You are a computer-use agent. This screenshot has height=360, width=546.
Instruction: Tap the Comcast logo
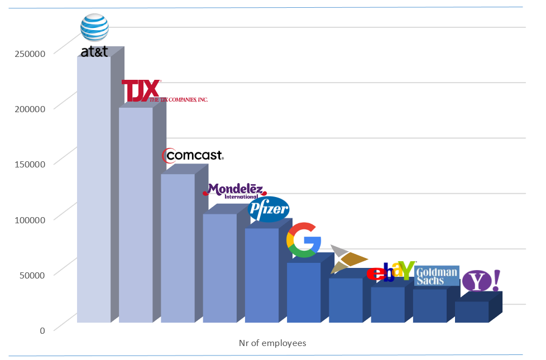tap(193, 155)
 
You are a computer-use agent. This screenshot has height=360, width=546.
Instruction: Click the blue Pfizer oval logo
tap(269, 210)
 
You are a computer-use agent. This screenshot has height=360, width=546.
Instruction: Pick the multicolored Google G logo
tap(304, 240)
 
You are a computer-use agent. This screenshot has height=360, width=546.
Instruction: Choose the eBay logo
tap(391, 271)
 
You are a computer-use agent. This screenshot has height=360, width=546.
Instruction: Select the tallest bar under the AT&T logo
tap(93, 190)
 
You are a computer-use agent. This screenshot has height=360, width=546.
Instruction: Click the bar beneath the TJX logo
tap(136, 215)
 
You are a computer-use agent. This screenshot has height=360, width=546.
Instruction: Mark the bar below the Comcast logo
tap(178, 248)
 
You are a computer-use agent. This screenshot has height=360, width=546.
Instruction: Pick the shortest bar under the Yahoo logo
tap(472, 312)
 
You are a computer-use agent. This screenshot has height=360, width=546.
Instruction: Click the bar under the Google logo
tap(304, 292)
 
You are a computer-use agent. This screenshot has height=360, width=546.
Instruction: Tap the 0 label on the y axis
tap(42, 330)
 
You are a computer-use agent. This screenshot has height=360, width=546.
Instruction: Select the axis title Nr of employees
tap(269, 343)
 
